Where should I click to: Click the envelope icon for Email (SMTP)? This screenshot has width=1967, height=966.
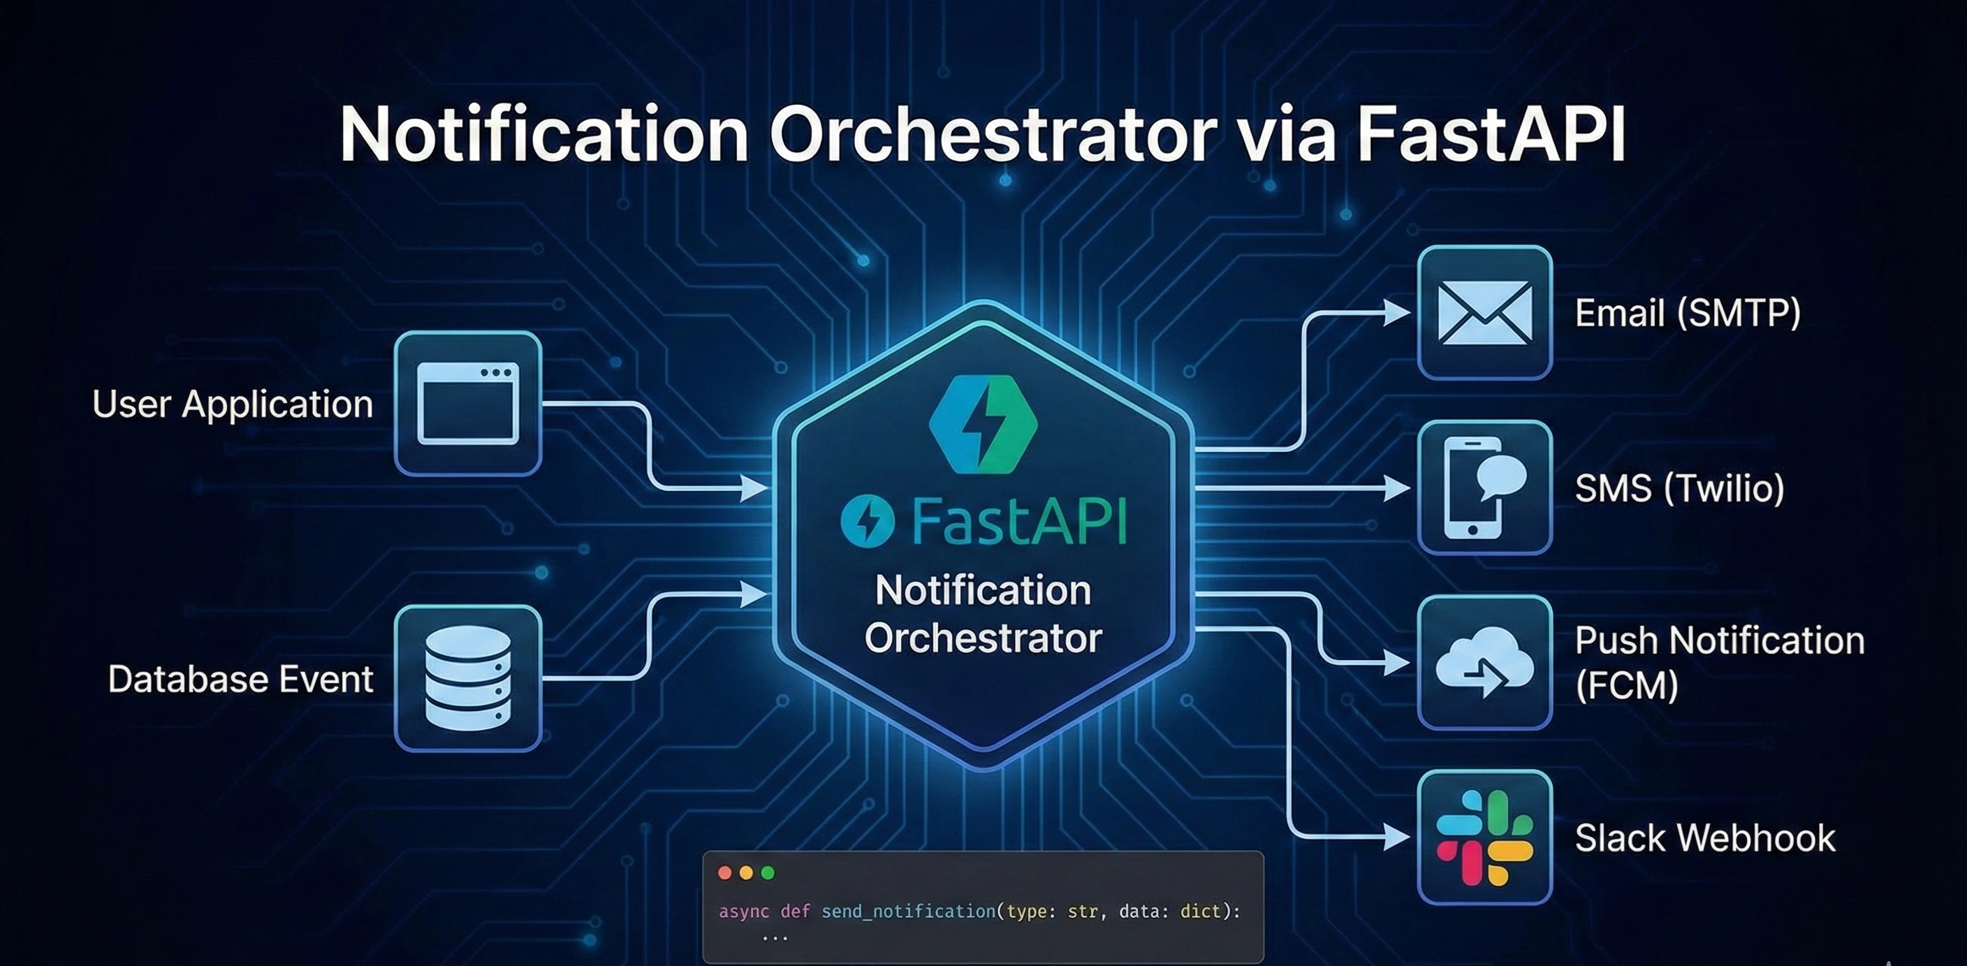[x=1484, y=312]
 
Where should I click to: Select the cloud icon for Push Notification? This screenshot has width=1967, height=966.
[x=1484, y=662]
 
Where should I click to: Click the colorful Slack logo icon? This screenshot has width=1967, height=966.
[x=1484, y=837]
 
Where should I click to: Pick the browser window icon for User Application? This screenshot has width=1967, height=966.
[x=468, y=403]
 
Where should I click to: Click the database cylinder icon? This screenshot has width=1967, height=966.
[x=468, y=678]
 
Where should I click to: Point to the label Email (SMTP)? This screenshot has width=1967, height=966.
[x=1688, y=312]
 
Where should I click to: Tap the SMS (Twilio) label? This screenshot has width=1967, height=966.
[x=1680, y=488]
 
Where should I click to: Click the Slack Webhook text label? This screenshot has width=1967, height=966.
[x=1705, y=837]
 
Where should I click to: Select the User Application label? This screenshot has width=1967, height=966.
[x=232, y=404]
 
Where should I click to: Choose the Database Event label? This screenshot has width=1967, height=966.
[x=240, y=679]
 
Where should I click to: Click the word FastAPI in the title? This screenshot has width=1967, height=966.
[x=1491, y=134]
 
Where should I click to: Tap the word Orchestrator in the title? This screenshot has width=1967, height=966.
[x=993, y=134]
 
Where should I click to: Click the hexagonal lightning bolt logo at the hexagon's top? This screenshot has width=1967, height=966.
[x=983, y=425]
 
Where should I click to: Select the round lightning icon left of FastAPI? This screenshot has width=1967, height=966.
[x=868, y=521]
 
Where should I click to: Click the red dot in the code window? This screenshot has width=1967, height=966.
[x=726, y=873]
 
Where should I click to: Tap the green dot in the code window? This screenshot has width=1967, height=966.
[x=768, y=873]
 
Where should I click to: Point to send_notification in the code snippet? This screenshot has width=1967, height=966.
[x=909, y=911]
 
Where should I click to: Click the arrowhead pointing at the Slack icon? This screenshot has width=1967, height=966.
[x=1397, y=837]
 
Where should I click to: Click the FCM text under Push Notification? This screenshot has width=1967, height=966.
[x=1626, y=685]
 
